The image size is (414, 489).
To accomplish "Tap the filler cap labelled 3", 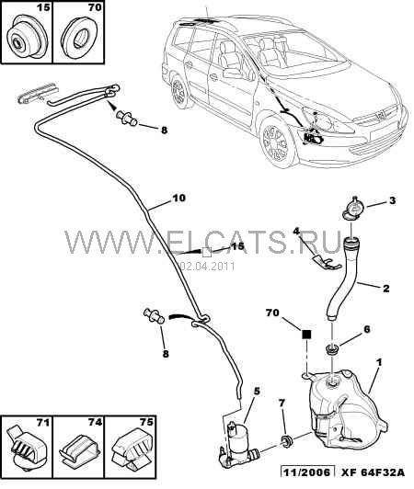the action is (353, 209).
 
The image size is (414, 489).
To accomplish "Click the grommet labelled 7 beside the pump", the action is (286, 440).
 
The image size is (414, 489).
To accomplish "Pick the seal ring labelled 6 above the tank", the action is (332, 349).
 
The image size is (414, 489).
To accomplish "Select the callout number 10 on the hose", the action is (178, 198).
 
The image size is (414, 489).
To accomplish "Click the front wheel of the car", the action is (277, 142).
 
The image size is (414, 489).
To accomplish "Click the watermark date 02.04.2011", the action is (208, 267).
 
